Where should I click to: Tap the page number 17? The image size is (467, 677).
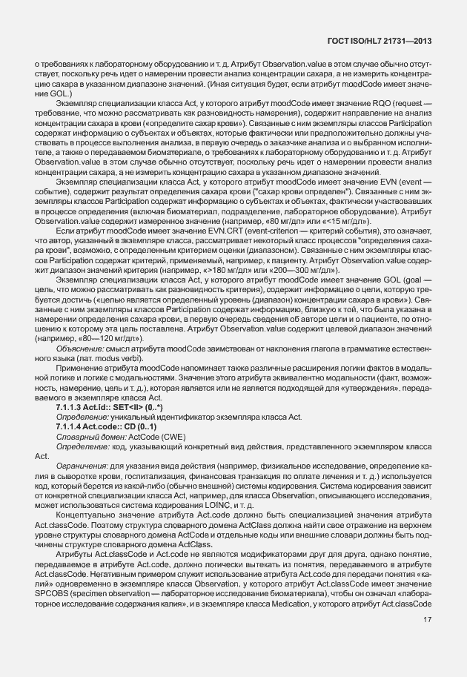point(427,640)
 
